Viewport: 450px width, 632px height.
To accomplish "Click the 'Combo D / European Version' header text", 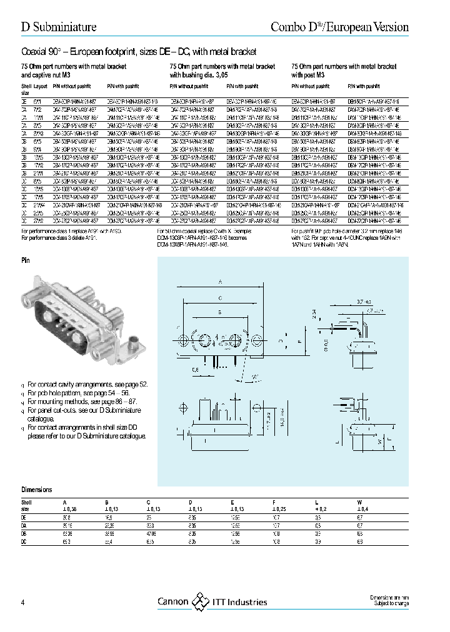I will [339, 27].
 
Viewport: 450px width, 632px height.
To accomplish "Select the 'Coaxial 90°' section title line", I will [139, 51].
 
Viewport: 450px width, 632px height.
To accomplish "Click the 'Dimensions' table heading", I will [37, 490].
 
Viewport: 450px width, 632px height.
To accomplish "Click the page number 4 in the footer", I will [23, 602].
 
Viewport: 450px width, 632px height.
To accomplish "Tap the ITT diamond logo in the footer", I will [199, 601].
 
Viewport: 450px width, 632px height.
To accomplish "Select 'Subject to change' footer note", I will [391, 605].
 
